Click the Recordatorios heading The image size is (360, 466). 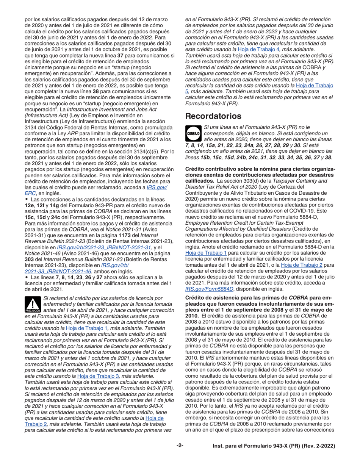click(x=213, y=116)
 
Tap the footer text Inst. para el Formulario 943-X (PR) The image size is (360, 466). click(x=274, y=446)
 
